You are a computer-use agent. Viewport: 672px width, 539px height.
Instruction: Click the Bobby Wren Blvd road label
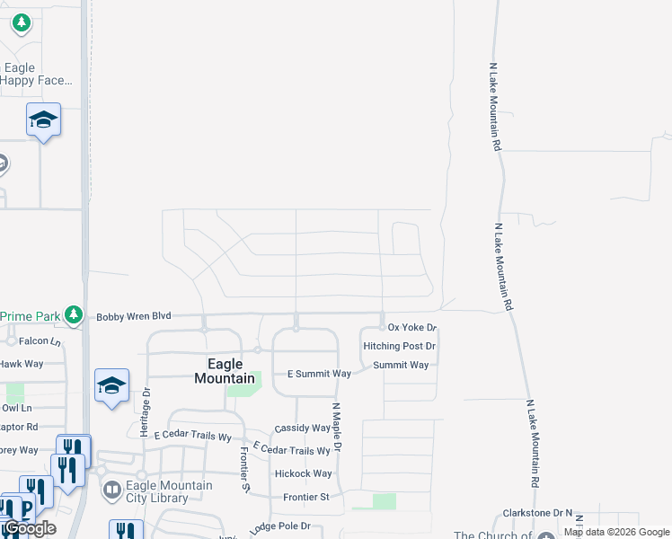[x=133, y=316]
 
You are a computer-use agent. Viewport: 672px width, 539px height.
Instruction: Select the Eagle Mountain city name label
[x=225, y=371]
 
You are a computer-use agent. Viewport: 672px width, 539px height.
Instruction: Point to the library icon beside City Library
[x=112, y=490]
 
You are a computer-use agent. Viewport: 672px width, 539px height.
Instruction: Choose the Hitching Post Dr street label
[x=399, y=346]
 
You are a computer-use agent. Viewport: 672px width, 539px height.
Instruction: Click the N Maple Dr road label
[x=338, y=426]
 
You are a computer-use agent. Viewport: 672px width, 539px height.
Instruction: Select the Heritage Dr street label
[x=145, y=412]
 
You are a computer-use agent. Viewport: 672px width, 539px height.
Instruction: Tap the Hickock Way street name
[x=304, y=473]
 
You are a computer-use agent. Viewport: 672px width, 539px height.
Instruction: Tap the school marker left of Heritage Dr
[x=111, y=386]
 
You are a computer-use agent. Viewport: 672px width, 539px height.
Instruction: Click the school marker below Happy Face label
[x=43, y=120]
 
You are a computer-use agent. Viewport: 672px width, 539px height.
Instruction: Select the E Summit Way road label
[x=319, y=374]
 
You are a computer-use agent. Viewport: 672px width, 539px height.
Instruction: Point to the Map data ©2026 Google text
[x=616, y=533]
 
